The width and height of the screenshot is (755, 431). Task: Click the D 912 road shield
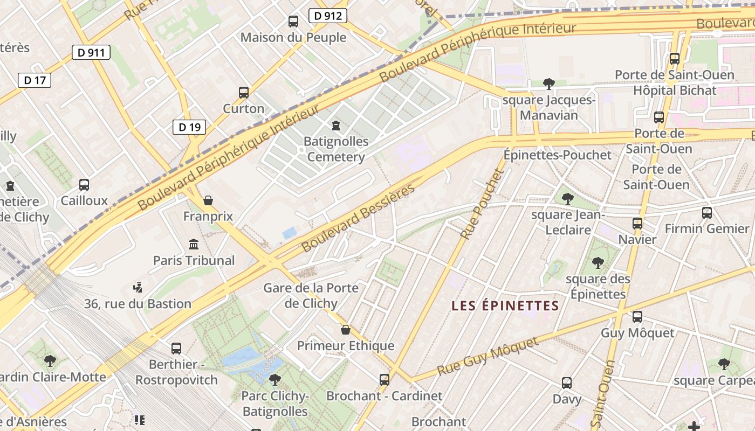(x=327, y=16)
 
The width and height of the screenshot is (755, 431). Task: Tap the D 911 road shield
(x=91, y=52)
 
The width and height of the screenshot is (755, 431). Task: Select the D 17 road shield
(x=35, y=80)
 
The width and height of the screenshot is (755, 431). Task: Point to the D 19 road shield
(x=189, y=127)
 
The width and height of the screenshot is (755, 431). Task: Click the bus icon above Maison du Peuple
(x=293, y=22)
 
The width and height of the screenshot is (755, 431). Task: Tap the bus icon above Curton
(x=244, y=93)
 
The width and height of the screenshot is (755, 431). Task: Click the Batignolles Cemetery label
(x=336, y=149)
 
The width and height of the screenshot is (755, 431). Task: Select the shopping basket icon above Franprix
(x=208, y=201)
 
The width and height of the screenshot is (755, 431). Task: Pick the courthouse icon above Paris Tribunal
(x=194, y=245)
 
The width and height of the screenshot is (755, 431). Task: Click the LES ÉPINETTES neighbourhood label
(x=505, y=306)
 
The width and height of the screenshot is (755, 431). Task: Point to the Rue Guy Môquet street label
(x=488, y=357)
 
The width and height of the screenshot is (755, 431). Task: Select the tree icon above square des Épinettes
(x=598, y=263)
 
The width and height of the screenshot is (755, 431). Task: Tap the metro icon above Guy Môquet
(x=637, y=317)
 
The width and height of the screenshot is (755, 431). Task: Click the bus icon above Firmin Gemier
(x=707, y=213)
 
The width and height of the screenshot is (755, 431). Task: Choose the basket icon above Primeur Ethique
(x=346, y=330)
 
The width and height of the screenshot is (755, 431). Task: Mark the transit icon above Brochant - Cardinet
(x=385, y=380)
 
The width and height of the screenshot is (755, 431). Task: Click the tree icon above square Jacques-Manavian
(x=549, y=84)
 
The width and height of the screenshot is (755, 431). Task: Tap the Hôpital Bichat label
(x=674, y=90)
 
